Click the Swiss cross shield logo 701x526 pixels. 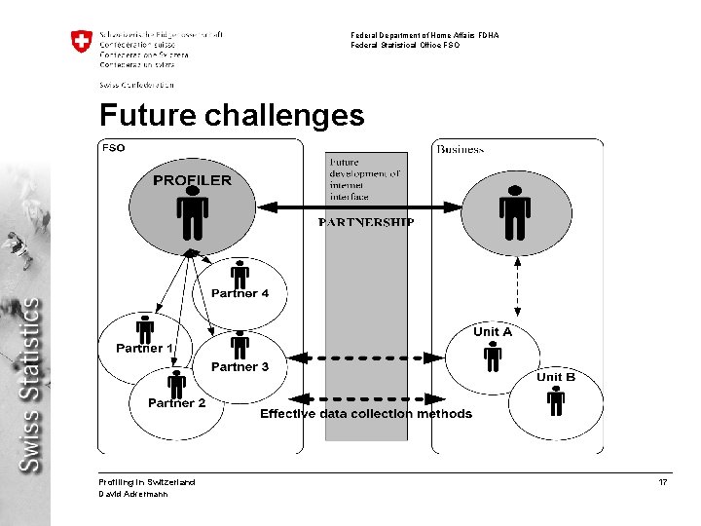[81, 43]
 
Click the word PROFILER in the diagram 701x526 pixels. [193, 180]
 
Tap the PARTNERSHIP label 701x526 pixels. [366, 222]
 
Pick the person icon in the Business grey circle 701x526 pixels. [514, 216]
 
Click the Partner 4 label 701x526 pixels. [240, 293]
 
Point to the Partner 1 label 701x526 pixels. [145, 348]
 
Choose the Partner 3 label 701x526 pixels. [240, 367]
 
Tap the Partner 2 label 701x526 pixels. [176, 403]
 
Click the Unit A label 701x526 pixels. [493, 332]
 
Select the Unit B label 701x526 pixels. [556, 377]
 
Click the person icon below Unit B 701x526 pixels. [556, 399]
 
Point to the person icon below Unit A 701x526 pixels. [493, 357]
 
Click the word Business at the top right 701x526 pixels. [461, 149]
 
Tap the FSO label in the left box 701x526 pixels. [114, 148]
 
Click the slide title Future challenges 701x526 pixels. [232, 116]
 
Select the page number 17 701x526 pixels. [663, 482]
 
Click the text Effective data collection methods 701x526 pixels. [366, 414]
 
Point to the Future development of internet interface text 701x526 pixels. [365, 179]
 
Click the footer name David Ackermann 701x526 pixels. [133, 494]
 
